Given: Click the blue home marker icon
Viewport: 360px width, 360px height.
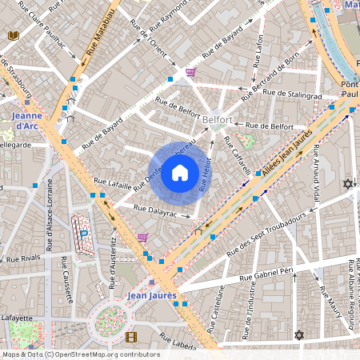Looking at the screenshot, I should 180,173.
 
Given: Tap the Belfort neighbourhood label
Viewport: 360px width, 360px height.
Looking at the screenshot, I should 218,119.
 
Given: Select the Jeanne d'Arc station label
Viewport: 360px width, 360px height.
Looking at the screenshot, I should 27,120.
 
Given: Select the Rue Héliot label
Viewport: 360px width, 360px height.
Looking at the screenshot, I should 206,173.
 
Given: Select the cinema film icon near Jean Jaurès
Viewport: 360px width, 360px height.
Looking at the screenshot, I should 131,337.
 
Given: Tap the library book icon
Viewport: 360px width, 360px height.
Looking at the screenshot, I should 13,35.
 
